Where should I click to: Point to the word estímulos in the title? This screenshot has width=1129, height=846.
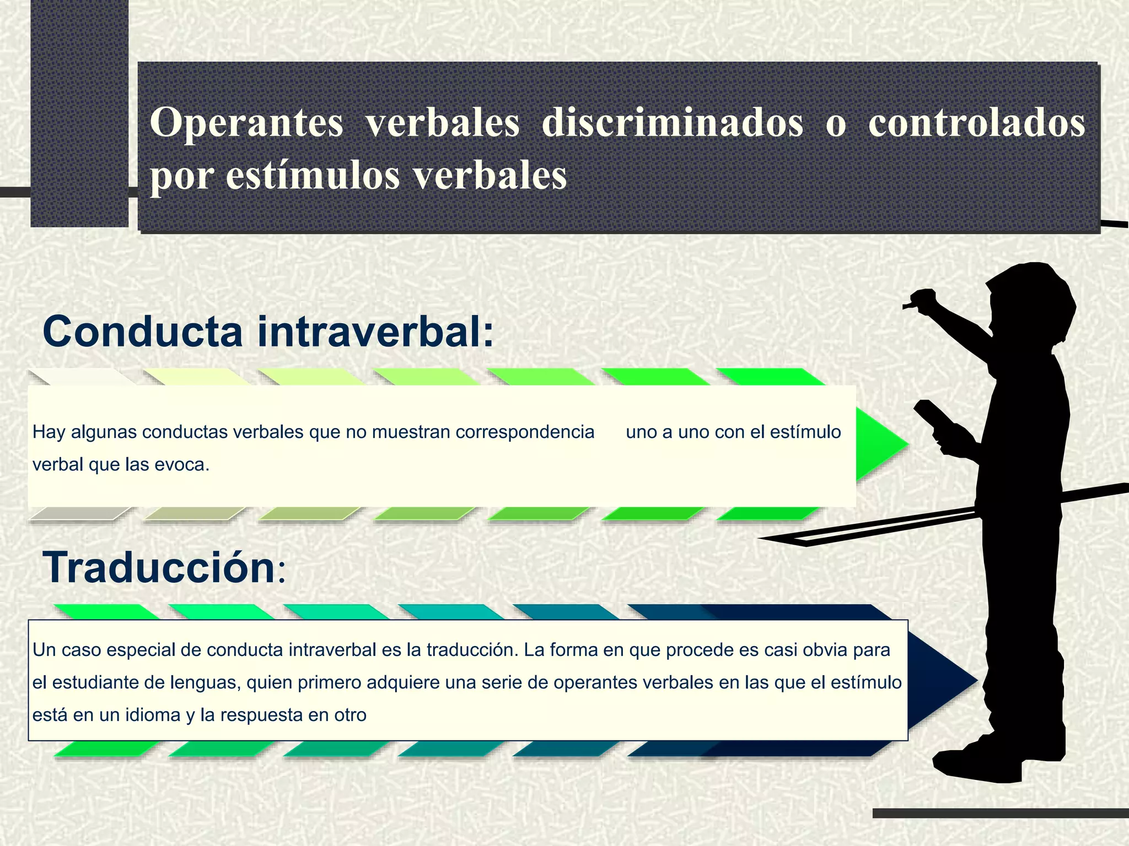[x=313, y=176]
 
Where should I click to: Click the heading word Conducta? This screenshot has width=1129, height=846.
[x=142, y=332]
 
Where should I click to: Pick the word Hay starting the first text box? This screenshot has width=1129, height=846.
[x=49, y=432]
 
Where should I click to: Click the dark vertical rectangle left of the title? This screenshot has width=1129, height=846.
[x=79, y=113]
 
